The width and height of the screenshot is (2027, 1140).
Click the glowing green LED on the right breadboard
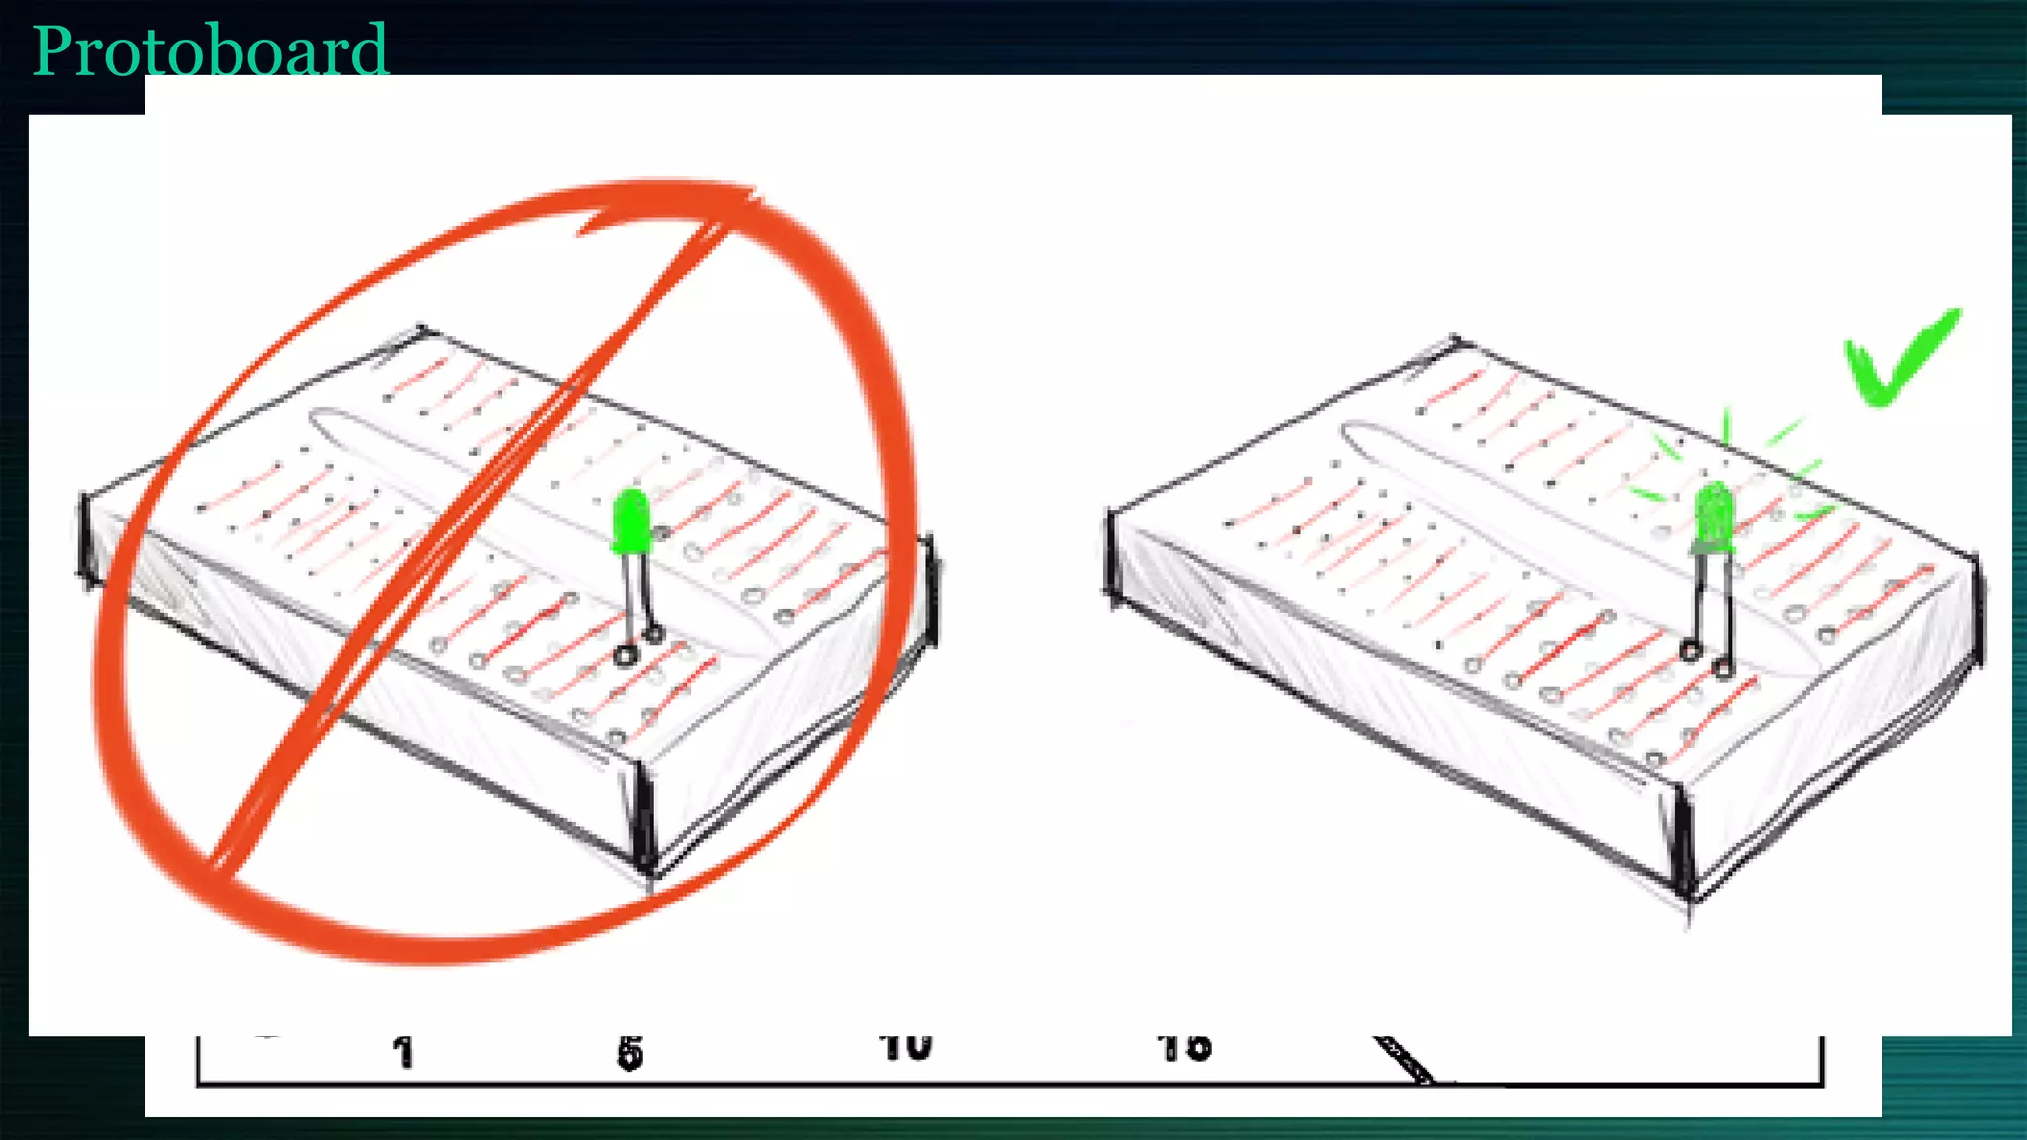click(x=1714, y=517)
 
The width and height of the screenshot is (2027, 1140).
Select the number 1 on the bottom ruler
click(x=402, y=1052)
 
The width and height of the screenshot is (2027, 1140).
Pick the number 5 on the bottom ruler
click(x=629, y=1053)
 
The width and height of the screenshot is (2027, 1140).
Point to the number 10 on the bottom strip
click(x=906, y=1047)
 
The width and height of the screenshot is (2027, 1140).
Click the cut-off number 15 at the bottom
click(x=1184, y=1047)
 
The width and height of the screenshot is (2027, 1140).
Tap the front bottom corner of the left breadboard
click(x=648, y=871)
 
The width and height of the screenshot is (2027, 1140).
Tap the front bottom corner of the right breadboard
click(x=1688, y=896)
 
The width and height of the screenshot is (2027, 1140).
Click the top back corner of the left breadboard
click(x=422, y=329)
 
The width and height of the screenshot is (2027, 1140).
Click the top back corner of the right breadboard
click(x=1455, y=340)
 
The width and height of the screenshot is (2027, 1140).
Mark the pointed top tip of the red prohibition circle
click(x=752, y=190)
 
